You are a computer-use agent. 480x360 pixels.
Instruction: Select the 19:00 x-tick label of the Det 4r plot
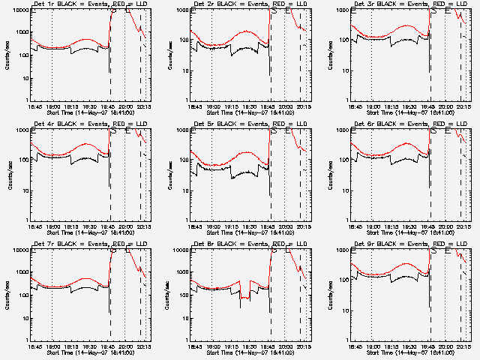52,226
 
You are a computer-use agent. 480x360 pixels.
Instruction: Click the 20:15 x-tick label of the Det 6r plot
464,226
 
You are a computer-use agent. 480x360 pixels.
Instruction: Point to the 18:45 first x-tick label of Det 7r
34,346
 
